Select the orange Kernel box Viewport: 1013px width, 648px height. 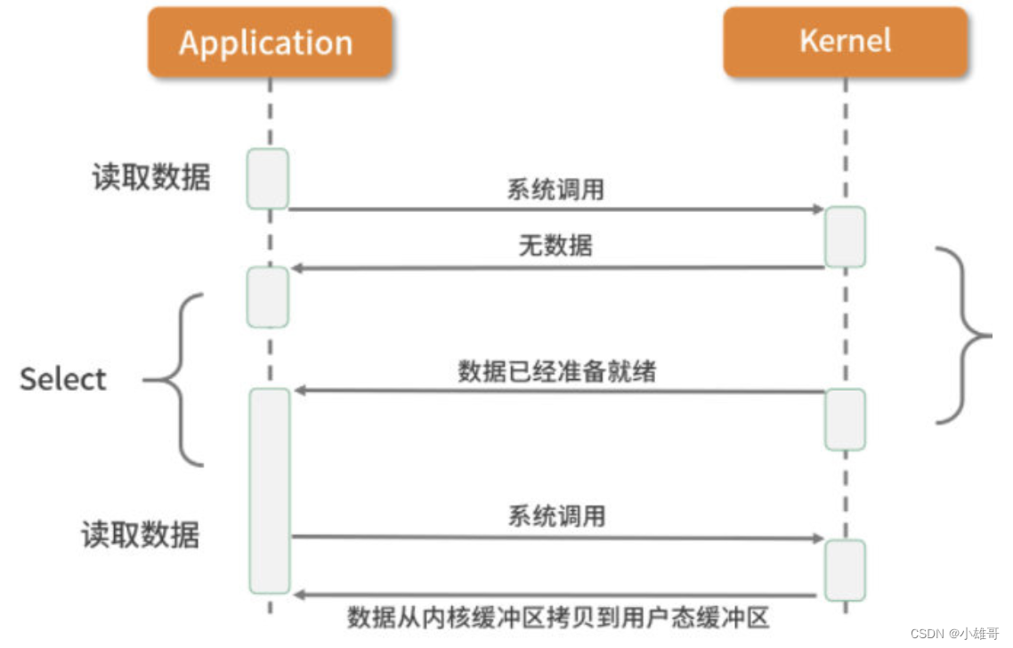pyautogui.click(x=844, y=42)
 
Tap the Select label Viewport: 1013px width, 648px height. pyautogui.click(x=63, y=379)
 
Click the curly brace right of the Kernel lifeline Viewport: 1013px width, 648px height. pyautogui.click(x=966, y=335)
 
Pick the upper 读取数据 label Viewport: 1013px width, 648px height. pyautogui.click(x=151, y=177)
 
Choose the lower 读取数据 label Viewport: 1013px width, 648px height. pyautogui.click(x=141, y=534)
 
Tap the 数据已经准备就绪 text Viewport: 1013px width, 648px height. pyautogui.click(x=557, y=370)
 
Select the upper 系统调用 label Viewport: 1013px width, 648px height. pyautogui.click(x=556, y=189)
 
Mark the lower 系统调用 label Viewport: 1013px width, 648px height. pyautogui.click(x=556, y=515)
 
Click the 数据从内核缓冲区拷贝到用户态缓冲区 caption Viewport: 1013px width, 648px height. pyautogui.click(x=558, y=617)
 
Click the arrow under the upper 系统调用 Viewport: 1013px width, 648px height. pyautogui.click(x=556, y=209)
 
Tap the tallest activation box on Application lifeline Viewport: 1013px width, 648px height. pyautogui.click(x=269, y=490)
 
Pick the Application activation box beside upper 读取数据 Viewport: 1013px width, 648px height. pyautogui.click(x=268, y=179)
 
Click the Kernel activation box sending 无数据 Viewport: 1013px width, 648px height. pyautogui.click(x=844, y=237)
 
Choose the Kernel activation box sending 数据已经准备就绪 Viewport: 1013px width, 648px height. pyautogui.click(x=844, y=419)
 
